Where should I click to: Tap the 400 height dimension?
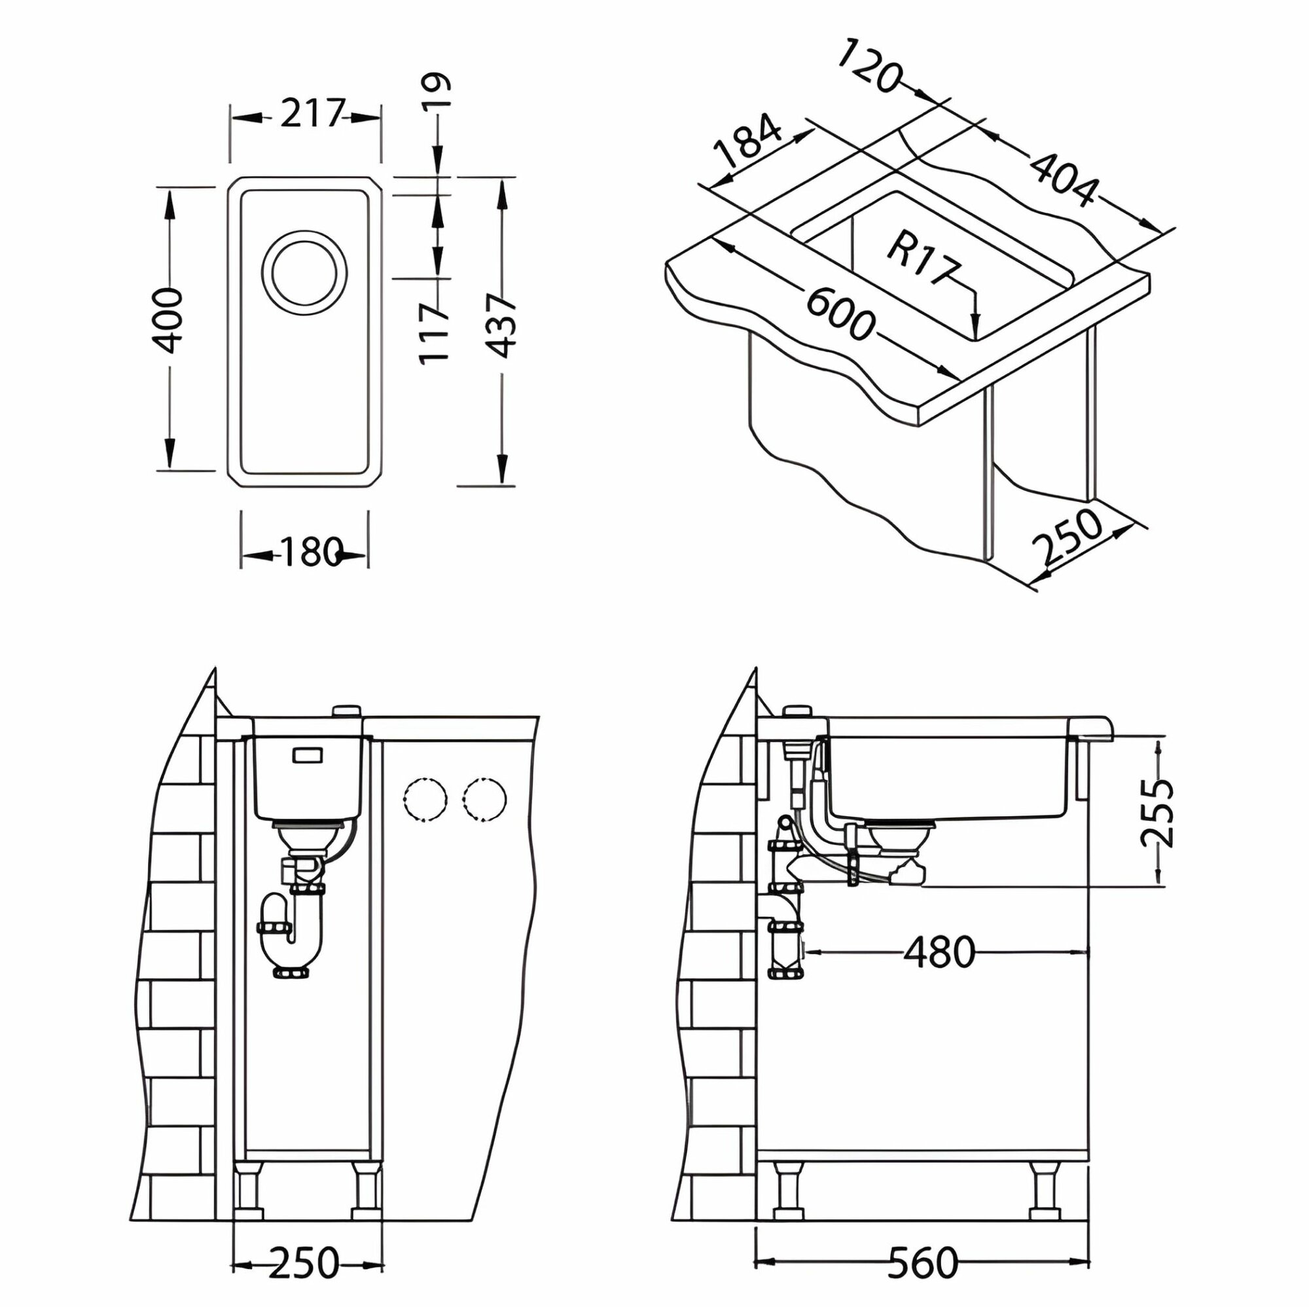168,320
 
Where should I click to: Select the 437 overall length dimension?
502,326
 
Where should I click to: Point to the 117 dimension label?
435,333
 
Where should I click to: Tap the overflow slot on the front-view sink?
307,755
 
